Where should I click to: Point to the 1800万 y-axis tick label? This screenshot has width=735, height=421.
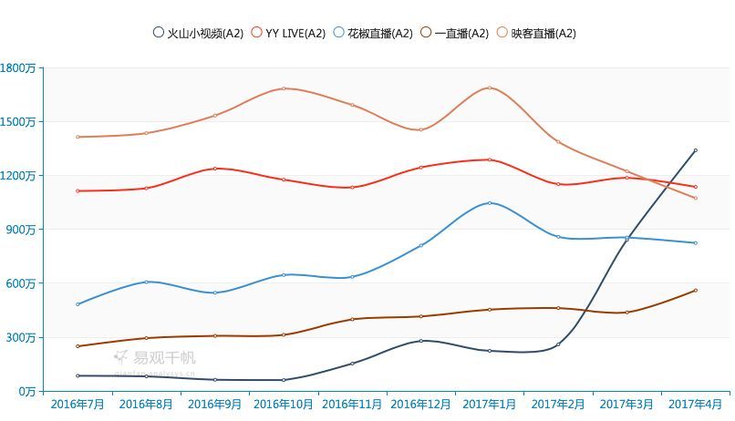click(x=17, y=67)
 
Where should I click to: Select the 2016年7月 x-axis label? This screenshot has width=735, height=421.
click(x=78, y=404)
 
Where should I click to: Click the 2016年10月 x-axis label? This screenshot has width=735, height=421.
click(x=284, y=404)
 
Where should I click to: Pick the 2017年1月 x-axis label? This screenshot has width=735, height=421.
click(x=490, y=404)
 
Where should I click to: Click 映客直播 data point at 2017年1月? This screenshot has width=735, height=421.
click(x=490, y=87)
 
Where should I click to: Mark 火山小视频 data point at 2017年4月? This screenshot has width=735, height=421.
click(x=695, y=150)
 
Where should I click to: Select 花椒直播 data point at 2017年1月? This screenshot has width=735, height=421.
click(x=490, y=202)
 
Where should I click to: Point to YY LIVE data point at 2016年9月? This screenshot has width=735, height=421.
click(x=215, y=169)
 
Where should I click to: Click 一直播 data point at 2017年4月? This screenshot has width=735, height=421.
click(x=695, y=291)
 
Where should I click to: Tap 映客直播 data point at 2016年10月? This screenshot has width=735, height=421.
click(x=284, y=88)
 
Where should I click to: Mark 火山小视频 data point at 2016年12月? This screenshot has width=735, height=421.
click(x=421, y=341)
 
